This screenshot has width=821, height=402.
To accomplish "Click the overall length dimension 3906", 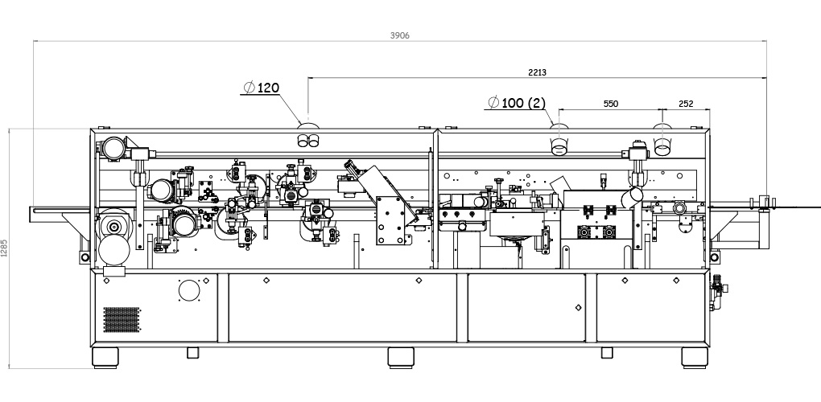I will click(x=400, y=35).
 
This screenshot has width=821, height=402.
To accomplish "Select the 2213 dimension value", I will click(x=537, y=72).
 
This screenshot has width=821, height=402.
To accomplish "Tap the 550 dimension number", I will click(x=610, y=104).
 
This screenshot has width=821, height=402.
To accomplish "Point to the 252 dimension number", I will click(x=686, y=104).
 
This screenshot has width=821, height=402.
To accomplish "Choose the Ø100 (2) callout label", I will click(x=518, y=103).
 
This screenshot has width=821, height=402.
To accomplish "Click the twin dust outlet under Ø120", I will click(x=307, y=141).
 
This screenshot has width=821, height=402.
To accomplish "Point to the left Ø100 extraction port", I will click(x=558, y=146).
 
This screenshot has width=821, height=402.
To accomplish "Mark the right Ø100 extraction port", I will click(x=662, y=146).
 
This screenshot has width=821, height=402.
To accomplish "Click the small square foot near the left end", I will click(x=192, y=352).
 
